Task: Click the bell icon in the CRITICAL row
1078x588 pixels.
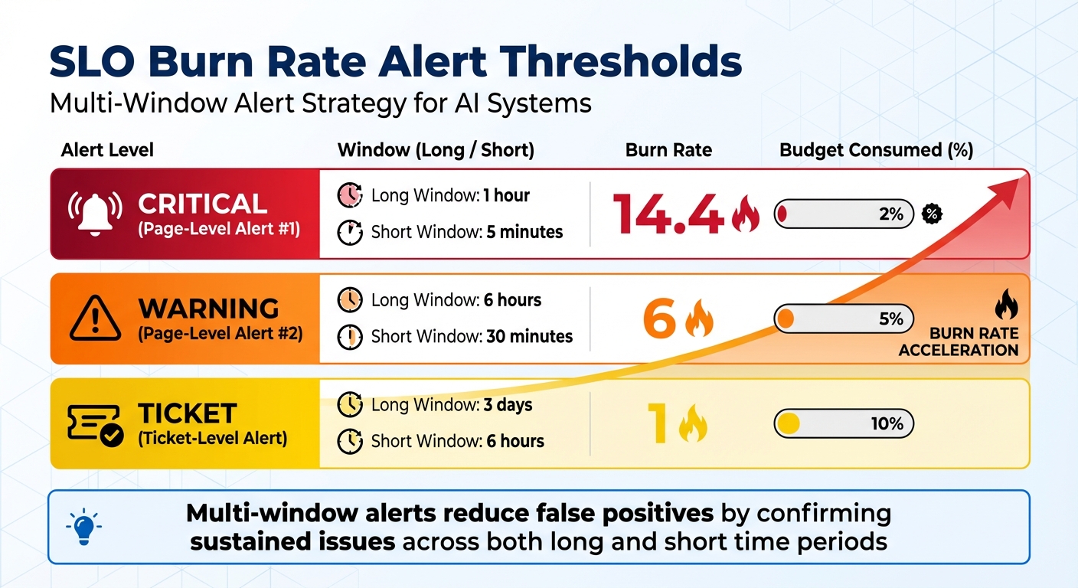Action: click(x=95, y=214)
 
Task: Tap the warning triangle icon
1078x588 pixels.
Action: click(x=95, y=318)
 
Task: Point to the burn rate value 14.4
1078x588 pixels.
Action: click(x=668, y=214)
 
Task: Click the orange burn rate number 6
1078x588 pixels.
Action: click(x=659, y=318)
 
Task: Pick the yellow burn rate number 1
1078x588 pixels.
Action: click(x=657, y=423)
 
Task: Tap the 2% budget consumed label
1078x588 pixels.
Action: click(x=891, y=214)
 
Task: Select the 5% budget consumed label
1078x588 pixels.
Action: click(x=891, y=318)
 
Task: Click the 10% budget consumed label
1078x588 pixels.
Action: click(x=887, y=423)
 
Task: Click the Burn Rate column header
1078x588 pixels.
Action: click(x=668, y=150)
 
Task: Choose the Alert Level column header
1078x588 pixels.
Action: click(x=107, y=150)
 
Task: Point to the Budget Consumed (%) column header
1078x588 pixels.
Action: click(x=876, y=150)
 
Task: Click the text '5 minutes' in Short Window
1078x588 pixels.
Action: click(x=524, y=232)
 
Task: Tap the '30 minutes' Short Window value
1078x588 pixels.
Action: click(x=529, y=336)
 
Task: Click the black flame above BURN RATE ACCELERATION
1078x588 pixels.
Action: click(x=1006, y=307)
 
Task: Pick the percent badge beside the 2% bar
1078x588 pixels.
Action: click(x=931, y=214)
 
